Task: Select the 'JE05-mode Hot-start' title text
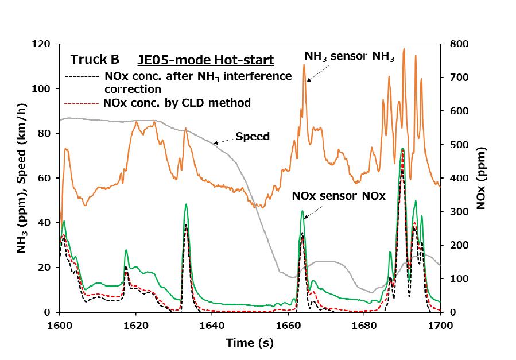(205, 60)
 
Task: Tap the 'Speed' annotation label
(253, 137)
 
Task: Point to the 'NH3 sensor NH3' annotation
(350, 56)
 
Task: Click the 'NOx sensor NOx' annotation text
(337, 196)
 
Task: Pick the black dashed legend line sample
(83, 76)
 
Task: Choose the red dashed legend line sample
(83, 103)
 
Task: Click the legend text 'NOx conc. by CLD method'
(177, 103)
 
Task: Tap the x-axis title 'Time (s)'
(250, 343)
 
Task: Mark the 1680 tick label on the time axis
(364, 325)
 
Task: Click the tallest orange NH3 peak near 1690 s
(404, 49)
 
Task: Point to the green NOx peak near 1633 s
(186, 204)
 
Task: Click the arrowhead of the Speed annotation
(214, 143)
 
